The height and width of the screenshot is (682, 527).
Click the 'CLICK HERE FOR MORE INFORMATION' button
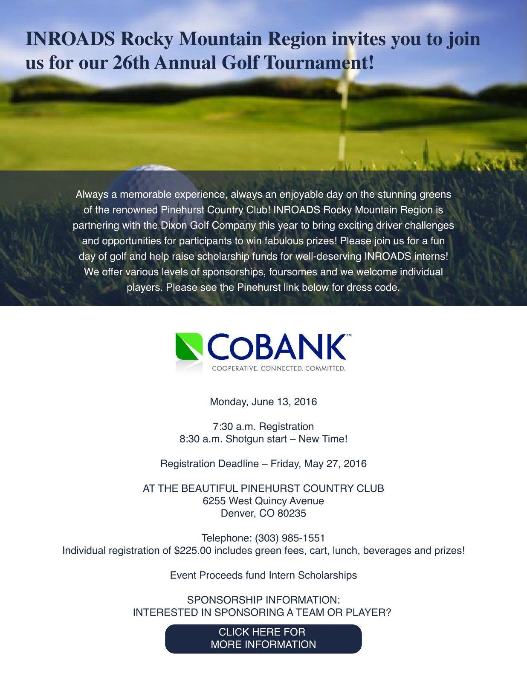(263, 638)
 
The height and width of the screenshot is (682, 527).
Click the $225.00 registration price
(193, 550)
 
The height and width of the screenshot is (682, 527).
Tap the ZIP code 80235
(292, 513)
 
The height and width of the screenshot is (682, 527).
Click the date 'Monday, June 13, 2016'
(263, 402)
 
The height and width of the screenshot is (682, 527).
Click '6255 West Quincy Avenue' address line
(263, 501)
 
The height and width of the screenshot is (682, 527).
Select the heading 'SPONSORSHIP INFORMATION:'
(263, 600)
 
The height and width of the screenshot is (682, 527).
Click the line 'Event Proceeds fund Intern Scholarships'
(263, 575)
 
